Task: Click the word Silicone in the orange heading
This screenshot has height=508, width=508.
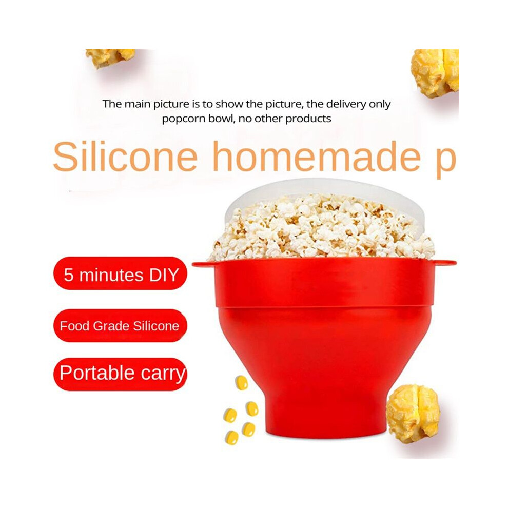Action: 125,157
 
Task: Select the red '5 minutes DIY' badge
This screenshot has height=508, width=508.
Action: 121,273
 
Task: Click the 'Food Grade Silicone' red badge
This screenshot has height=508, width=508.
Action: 120,325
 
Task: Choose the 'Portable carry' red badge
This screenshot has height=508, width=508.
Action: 121,374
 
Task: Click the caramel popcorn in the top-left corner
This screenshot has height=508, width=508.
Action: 109,57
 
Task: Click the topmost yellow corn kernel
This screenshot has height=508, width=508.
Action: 241,382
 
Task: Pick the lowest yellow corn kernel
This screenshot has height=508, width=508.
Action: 232,437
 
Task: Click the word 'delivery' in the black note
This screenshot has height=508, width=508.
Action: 345,104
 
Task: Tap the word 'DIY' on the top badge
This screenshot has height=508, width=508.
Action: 164,275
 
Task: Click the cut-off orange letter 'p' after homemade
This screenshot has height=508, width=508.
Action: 446,162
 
